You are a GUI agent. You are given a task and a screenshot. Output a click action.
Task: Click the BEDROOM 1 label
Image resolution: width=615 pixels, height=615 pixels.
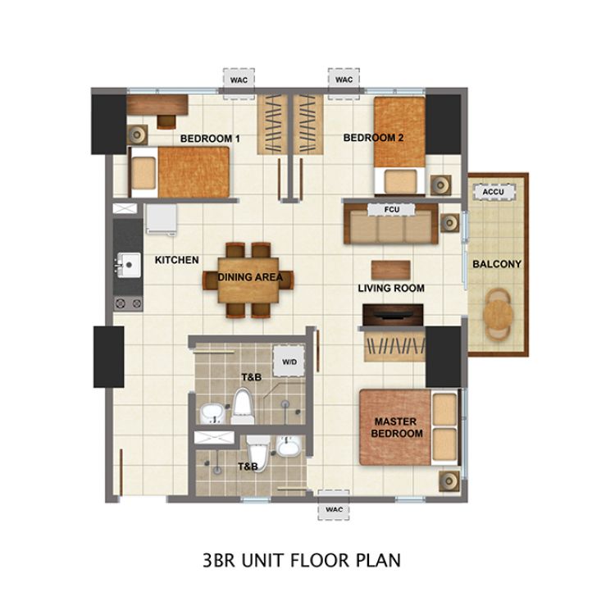[210, 139]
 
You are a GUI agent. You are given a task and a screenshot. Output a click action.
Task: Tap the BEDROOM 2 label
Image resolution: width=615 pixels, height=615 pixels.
[374, 138]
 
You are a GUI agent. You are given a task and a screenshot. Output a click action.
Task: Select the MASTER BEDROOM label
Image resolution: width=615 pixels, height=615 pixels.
[399, 427]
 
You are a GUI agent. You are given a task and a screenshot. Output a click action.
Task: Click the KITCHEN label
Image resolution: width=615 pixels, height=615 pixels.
[177, 260]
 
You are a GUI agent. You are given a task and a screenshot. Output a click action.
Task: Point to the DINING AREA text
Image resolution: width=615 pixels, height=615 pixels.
[250, 277]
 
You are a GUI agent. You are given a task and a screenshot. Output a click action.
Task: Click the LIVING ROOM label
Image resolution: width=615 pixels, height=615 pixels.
[391, 288]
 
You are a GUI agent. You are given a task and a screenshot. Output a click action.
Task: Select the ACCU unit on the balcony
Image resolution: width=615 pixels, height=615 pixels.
[494, 192]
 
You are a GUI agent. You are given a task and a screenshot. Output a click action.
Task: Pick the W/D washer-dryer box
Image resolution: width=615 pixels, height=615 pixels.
[289, 362]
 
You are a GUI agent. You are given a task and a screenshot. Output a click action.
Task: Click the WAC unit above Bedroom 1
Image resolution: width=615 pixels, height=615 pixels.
[239, 80]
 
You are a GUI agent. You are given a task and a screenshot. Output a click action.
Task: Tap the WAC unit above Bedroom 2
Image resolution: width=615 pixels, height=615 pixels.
[344, 80]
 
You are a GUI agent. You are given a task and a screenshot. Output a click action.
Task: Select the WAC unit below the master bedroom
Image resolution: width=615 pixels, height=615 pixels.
[334, 508]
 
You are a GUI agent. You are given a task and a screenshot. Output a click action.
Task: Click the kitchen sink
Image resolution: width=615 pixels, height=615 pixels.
[127, 264]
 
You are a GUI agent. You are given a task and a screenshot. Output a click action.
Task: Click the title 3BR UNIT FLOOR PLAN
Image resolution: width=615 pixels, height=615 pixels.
[301, 561]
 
